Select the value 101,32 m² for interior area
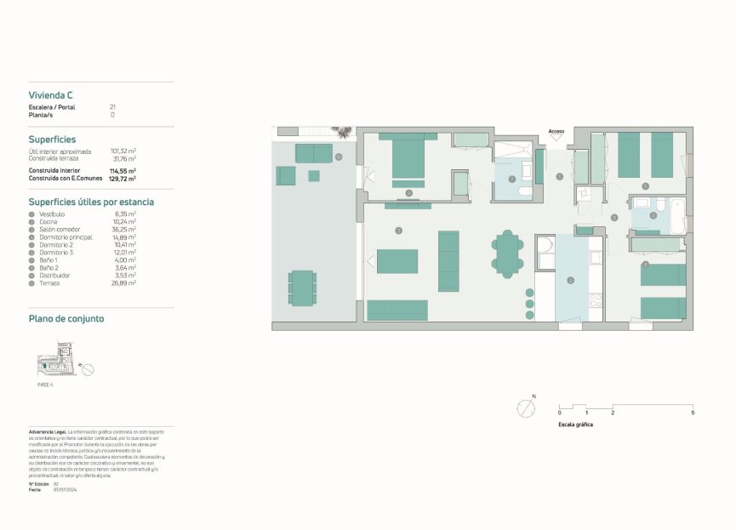pos(123,151)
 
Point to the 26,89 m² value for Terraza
pos(125,283)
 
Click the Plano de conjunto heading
pos(66,319)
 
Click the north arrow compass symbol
pos(526,408)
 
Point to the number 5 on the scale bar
pos(693,413)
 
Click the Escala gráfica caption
pos(576,424)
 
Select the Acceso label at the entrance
pos(556,131)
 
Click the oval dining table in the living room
pos(508,254)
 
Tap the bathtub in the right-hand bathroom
pos(677,216)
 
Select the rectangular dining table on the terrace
pos(302,288)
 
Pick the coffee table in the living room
pos(397,261)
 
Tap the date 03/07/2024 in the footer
pos(66,490)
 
